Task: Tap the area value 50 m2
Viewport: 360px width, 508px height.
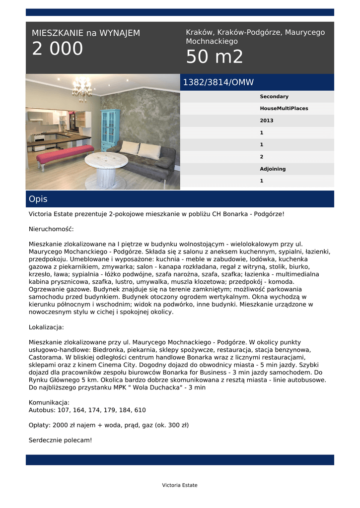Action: coord(215,57)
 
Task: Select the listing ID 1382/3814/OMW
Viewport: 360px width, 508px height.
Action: coord(218,82)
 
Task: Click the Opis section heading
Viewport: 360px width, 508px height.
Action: coord(38,199)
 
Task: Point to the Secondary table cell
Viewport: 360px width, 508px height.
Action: coord(274,97)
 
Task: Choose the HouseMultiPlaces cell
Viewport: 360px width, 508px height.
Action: coord(284,109)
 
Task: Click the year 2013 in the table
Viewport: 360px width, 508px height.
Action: coord(267,121)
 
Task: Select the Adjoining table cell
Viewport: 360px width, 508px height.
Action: coord(273,169)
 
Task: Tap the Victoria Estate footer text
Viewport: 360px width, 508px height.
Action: coord(180,485)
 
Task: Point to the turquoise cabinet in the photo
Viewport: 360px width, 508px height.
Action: coord(110,129)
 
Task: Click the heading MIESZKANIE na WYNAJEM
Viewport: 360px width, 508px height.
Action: coord(86,33)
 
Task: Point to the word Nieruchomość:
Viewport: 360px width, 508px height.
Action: coord(51,229)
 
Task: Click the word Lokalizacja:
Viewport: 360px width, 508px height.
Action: coord(46,327)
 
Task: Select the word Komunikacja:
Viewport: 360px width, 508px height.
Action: coord(49,402)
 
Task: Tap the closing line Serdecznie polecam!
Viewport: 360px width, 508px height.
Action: coord(61,440)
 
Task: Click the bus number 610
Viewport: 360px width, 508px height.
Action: coord(140,410)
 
